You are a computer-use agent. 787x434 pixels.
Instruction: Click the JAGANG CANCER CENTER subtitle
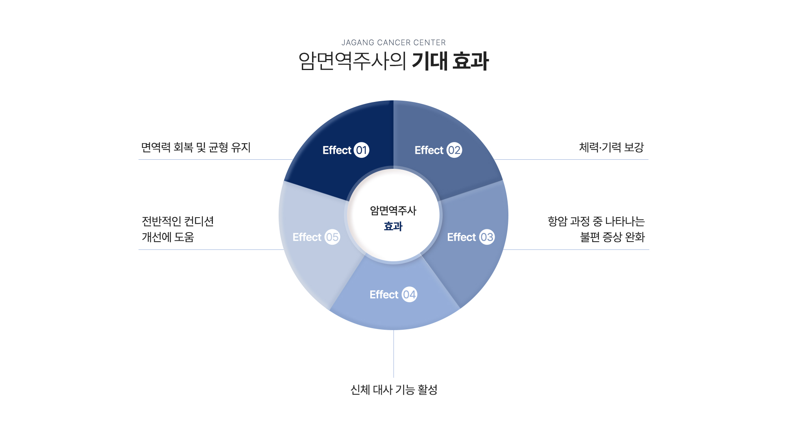pos(393,42)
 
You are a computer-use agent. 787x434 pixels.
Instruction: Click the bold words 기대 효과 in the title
pos(450,61)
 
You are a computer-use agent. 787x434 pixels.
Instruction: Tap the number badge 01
pos(361,150)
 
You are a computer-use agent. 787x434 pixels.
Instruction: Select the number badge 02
pos(454,150)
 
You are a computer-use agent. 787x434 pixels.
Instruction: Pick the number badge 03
pos(486,237)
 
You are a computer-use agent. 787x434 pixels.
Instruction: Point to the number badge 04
pos(409,294)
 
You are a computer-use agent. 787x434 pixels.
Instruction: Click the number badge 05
pos(332,237)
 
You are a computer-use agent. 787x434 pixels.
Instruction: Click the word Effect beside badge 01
pos(337,150)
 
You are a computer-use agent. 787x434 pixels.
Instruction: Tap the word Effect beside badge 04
pos(384,294)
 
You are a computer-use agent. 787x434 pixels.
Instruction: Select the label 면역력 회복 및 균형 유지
pos(196,147)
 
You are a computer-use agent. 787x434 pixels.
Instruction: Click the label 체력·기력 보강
pos(611,147)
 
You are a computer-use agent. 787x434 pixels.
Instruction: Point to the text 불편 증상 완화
pos(612,237)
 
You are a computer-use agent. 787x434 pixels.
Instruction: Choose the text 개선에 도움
pos(168,237)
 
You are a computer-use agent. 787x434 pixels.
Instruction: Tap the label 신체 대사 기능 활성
pos(393,390)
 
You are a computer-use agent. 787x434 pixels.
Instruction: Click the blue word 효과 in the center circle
pos(393,226)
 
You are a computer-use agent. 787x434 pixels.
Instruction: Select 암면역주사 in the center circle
pos(393,211)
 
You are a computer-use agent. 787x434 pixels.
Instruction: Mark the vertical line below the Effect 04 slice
pos(393,354)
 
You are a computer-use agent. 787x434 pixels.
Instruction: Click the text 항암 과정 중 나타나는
pos(596,221)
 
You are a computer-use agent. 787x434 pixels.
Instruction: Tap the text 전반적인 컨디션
pos(178,221)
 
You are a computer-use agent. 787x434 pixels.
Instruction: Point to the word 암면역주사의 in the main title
pos(352,61)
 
